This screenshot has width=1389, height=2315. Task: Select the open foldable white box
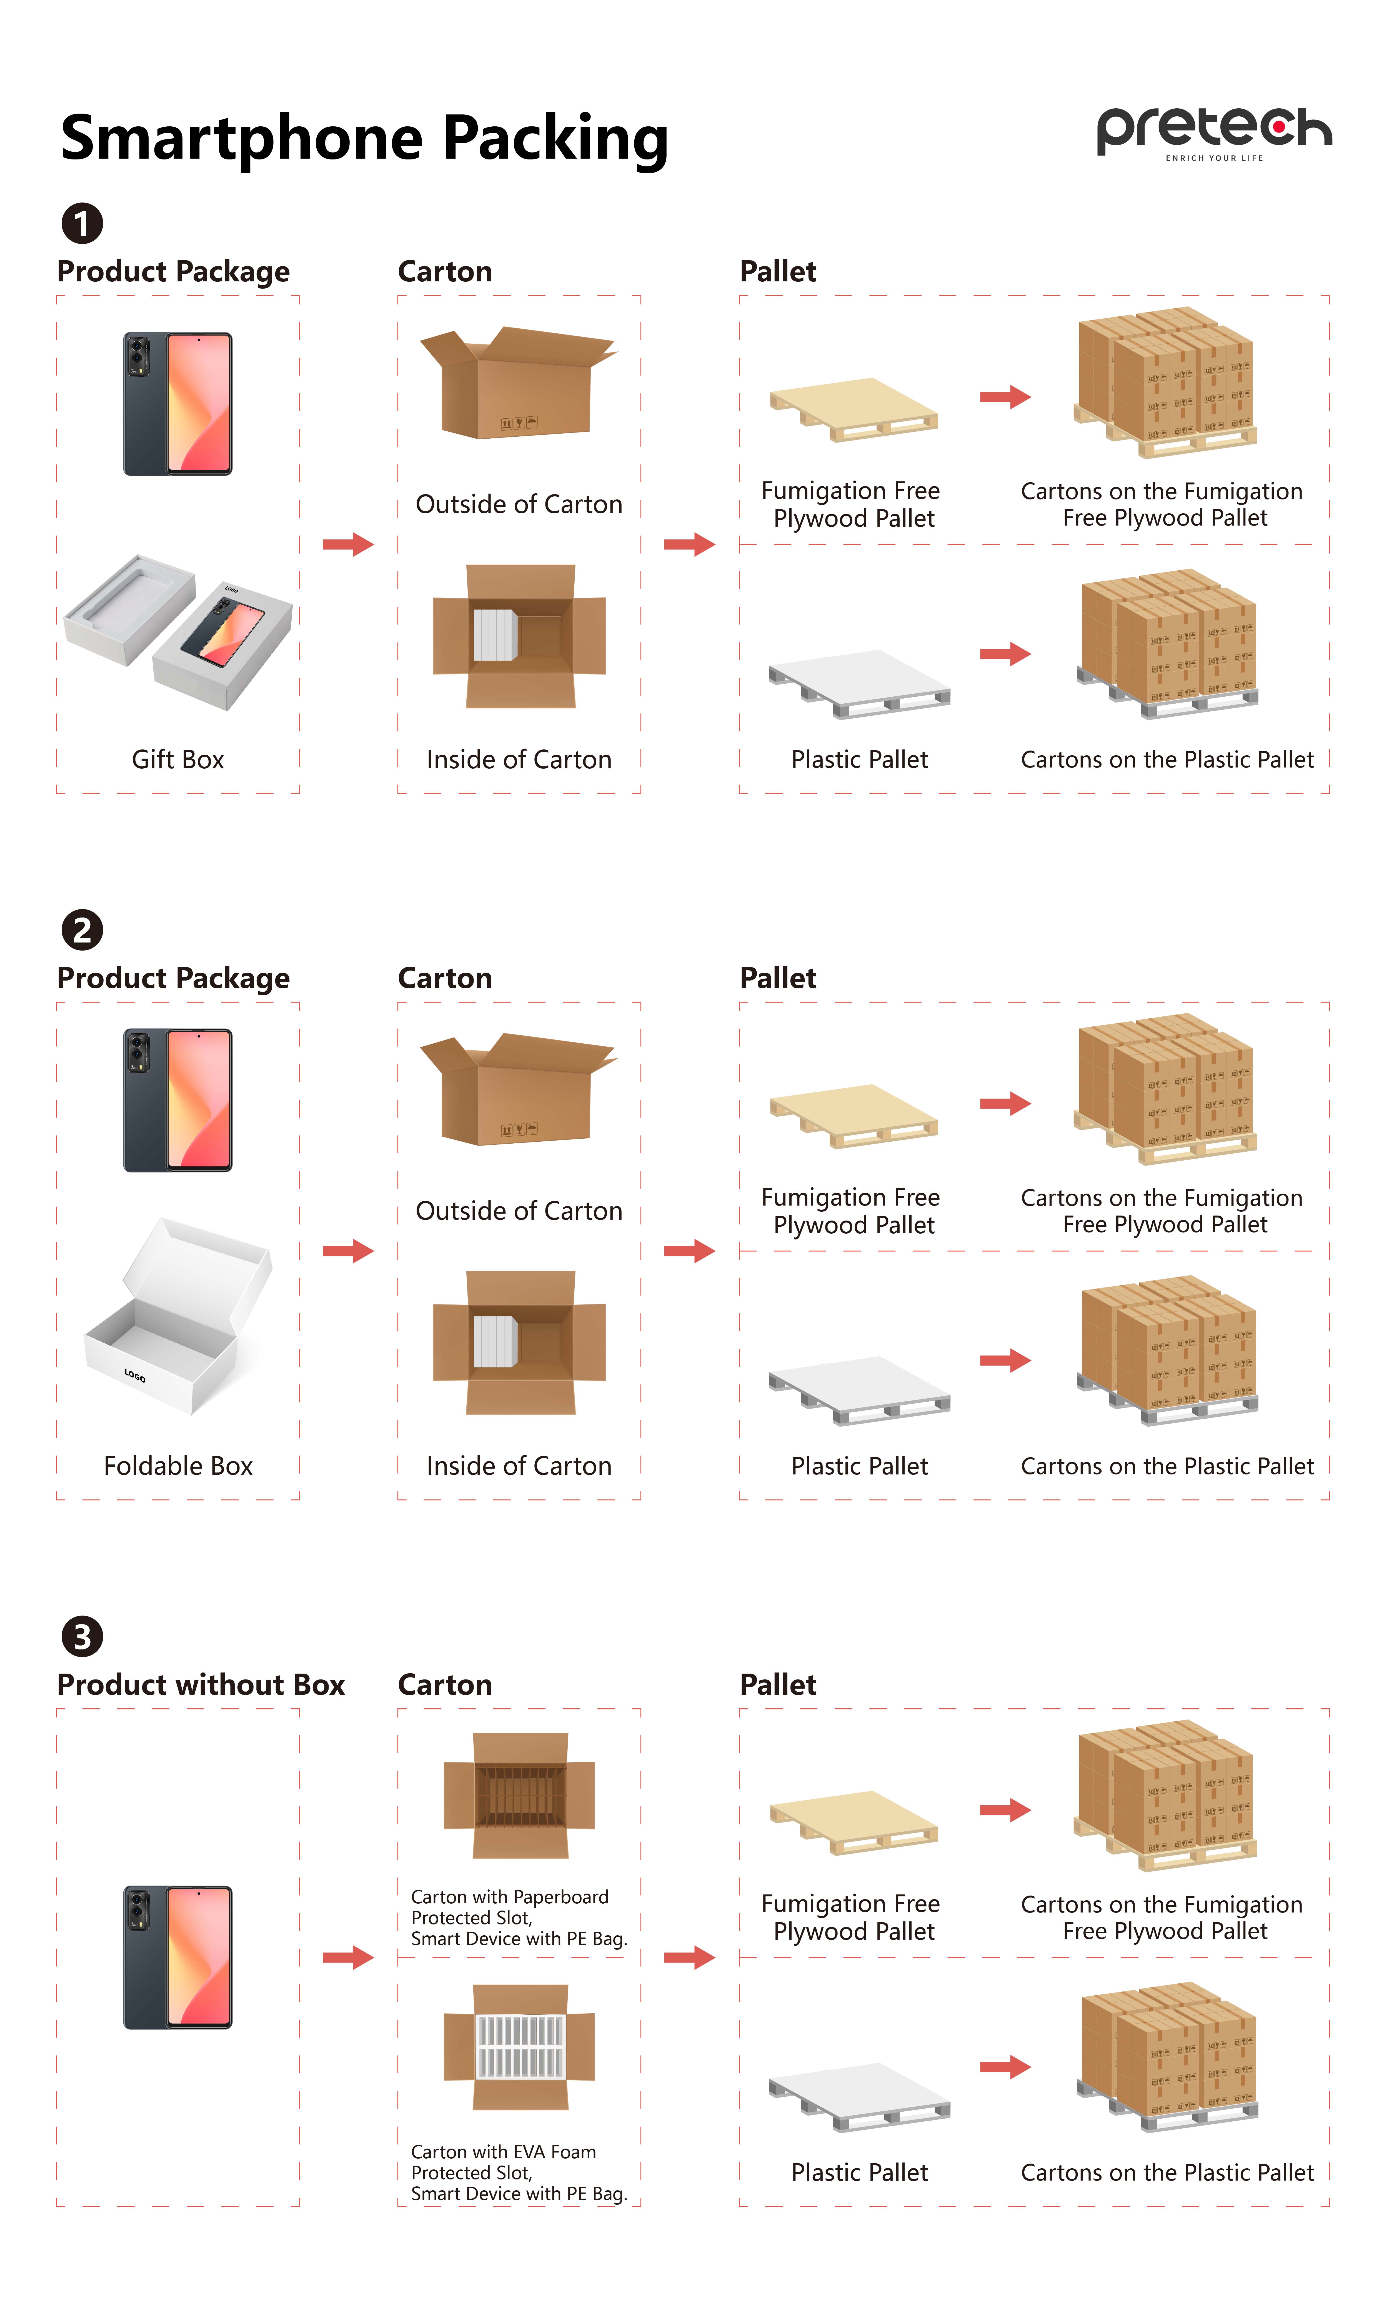(x=178, y=1315)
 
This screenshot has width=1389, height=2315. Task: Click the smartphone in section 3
(x=178, y=1956)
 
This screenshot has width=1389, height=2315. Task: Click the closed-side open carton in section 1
(x=518, y=382)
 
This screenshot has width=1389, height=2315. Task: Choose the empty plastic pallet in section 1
(x=858, y=683)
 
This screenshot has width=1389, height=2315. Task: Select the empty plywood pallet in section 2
(x=854, y=1114)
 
